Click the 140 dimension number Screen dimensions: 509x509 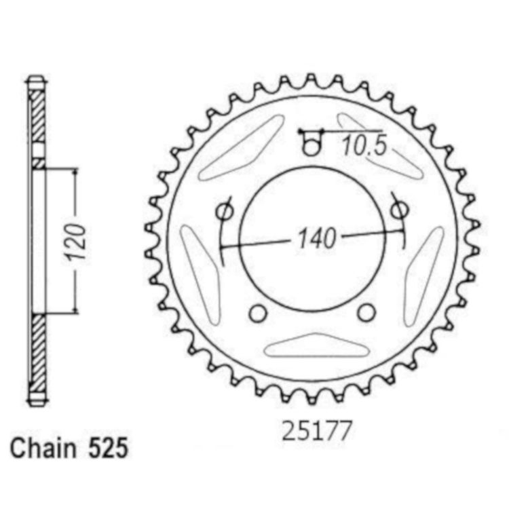click(x=316, y=239)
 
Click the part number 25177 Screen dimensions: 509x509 click(x=317, y=431)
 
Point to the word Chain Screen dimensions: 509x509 click(x=43, y=449)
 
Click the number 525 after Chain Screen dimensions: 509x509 click(x=108, y=449)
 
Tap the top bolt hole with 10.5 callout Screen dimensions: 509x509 click(x=311, y=145)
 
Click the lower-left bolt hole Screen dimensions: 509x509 click(x=258, y=314)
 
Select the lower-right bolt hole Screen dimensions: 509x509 click(x=366, y=312)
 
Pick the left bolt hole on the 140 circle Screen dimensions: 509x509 click(x=225, y=211)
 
